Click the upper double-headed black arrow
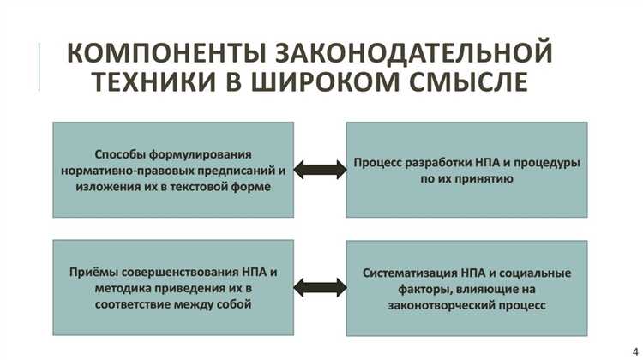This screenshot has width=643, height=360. click(x=321, y=169)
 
